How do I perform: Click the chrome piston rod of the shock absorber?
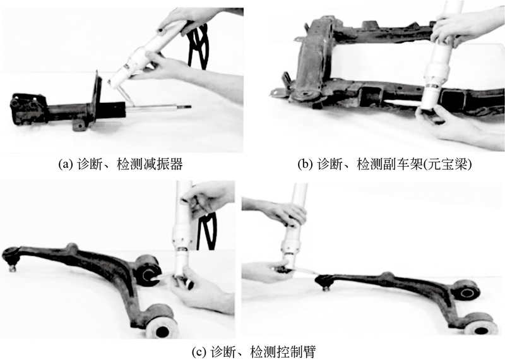(x=158, y=106)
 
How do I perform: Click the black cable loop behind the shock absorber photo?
(x=200, y=44)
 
